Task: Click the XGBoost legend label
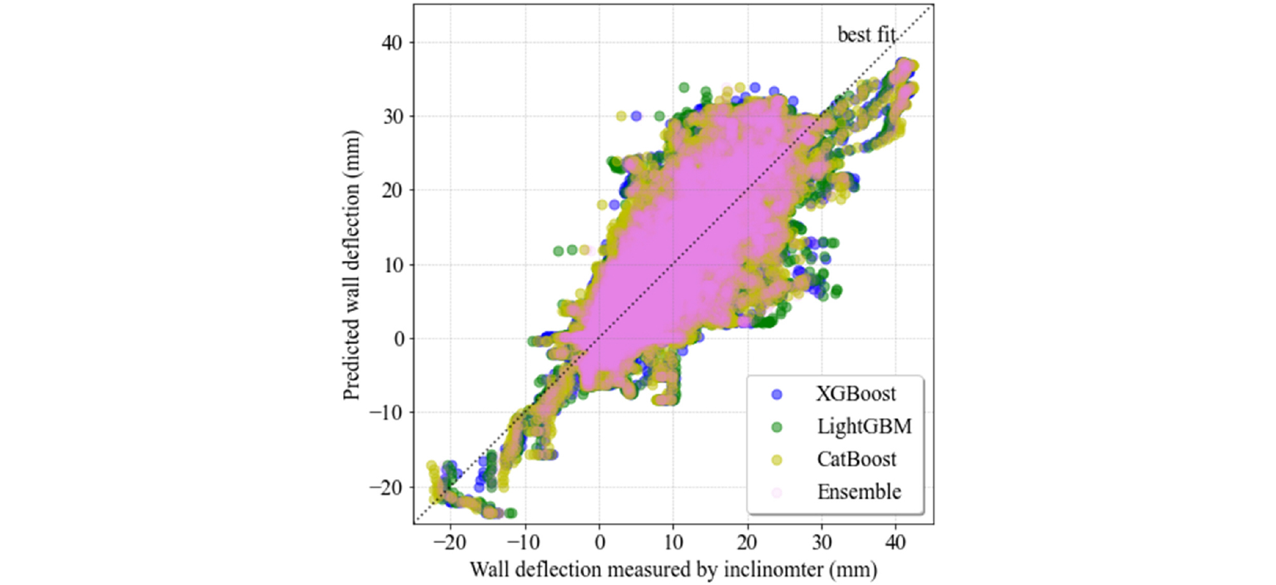pyautogui.click(x=856, y=394)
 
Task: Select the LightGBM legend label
pyautogui.click(x=864, y=426)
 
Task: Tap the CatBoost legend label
pyautogui.click(x=857, y=459)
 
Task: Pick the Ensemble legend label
pyautogui.click(x=859, y=492)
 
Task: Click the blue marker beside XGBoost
pyautogui.click(x=777, y=394)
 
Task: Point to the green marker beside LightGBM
pyautogui.click(x=777, y=427)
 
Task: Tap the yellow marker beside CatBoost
pyautogui.click(x=777, y=460)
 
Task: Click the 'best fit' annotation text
pyautogui.click(x=867, y=34)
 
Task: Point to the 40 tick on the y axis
pyautogui.click(x=391, y=43)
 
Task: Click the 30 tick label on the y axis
pyautogui.click(x=391, y=116)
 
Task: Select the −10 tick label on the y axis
pyautogui.click(x=386, y=413)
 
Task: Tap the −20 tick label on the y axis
pyautogui.click(x=386, y=487)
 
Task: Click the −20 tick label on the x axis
pyautogui.click(x=450, y=542)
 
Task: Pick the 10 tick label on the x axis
pyautogui.click(x=673, y=542)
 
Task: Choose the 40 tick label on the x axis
pyautogui.click(x=895, y=542)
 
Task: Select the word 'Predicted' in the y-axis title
pyautogui.click(x=351, y=358)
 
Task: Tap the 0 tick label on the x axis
pyautogui.click(x=599, y=542)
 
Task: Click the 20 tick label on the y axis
pyautogui.click(x=391, y=190)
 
